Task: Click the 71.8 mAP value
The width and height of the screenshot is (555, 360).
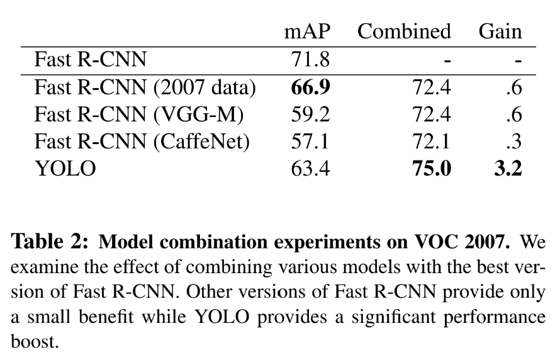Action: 305,62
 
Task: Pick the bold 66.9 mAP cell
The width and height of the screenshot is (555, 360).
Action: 305,89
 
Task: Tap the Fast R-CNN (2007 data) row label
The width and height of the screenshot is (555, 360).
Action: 145,89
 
